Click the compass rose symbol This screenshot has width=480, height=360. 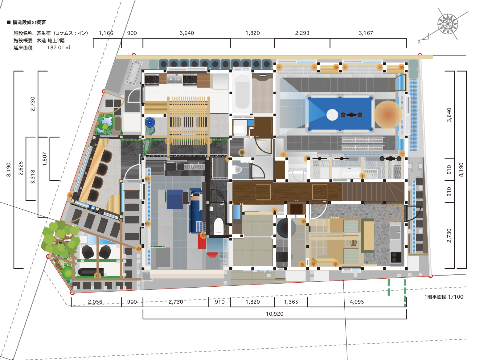coord(448,24)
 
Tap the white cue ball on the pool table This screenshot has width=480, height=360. coord(332,115)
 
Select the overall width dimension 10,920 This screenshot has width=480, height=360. coord(274,314)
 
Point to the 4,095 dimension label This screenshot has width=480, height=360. coord(357,302)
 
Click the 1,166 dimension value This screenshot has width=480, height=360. coord(106,33)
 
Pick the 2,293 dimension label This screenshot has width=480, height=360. coord(302,33)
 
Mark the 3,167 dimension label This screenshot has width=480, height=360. coord(366,33)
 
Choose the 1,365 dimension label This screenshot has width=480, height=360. coord(291,302)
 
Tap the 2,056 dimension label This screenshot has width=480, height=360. coord(95,302)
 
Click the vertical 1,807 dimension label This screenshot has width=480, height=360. coord(45,159)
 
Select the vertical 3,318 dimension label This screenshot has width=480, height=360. coord(33,177)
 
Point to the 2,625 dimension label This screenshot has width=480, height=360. coord(21,168)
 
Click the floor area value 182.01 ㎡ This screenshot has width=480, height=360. coord(59,47)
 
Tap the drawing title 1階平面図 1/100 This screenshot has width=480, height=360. coord(444,297)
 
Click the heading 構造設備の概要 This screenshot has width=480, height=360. coord(29,22)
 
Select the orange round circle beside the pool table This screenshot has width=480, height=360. coord(388,115)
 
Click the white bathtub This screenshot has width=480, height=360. coord(242,92)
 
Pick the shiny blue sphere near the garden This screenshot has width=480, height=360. coord(150,122)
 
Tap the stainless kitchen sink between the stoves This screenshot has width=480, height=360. coord(174,79)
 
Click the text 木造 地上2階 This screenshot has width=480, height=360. coord(51,40)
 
